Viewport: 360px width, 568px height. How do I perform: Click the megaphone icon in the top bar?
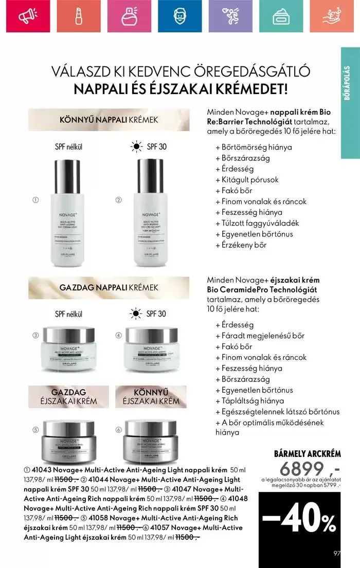pyautogui.click(x=25, y=17)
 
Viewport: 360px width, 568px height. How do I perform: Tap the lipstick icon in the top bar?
pyautogui.click(x=78, y=17)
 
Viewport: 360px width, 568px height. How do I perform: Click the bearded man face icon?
pyautogui.click(x=178, y=17)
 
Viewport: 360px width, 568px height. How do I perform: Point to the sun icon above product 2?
pyautogui.click(x=136, y=147)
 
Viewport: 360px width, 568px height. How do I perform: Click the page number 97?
pyautogui.click(x=337, y=554)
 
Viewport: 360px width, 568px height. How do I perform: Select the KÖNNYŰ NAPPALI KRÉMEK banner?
pyautogui.click(x=109, y=120)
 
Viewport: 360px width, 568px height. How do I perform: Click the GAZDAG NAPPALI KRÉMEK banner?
pyautogui.click(x=109, y=287)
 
